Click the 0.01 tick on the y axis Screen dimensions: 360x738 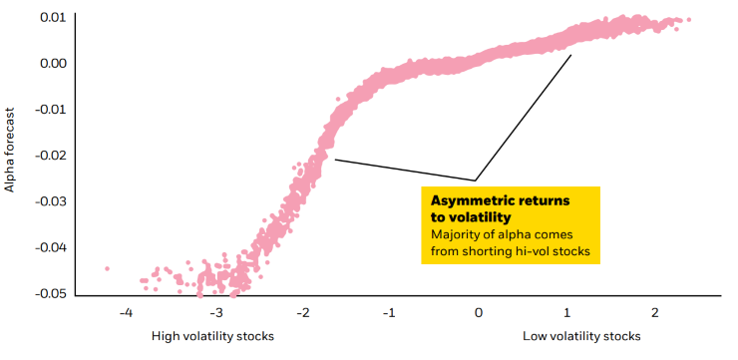(x=53, y=18)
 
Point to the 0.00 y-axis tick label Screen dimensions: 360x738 (x=53, y=64)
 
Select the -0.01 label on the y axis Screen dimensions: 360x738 (x=51, y=110)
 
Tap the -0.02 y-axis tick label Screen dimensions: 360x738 (x=51, y=156)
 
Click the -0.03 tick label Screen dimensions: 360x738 (x=51, y=201)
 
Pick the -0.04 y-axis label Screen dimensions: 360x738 (x=51, y=247)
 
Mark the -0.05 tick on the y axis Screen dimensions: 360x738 (x=51, y=293)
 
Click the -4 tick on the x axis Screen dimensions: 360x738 (x=126, y=313)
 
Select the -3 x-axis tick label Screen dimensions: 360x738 (x=213, y=313)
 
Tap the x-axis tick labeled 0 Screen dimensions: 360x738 (x=479, y=313)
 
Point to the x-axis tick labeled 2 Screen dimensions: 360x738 (x=655, y=313)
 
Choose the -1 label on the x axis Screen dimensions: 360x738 (x=390, y=313)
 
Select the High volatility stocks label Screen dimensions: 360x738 (x=211, y=336)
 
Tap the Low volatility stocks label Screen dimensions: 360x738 (x=581, y=336)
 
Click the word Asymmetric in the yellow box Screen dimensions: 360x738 (x=466, y=200)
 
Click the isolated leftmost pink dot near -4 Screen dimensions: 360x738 (x=107, y=268)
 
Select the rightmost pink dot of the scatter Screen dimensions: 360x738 (x=688, y=20)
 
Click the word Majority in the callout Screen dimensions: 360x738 (x=455, y=234)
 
